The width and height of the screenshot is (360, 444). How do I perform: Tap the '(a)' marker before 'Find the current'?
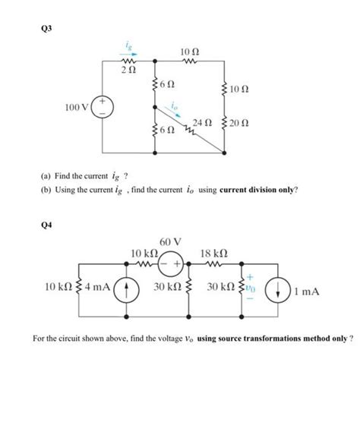pos(47,175)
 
